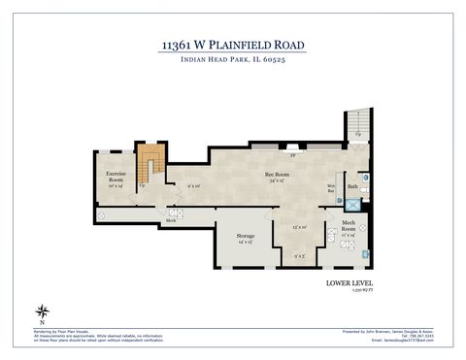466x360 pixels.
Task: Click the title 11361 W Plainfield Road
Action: click(232, 45)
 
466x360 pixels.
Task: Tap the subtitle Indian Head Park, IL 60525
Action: click(232, 61)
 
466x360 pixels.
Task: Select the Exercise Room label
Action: click(116, 178)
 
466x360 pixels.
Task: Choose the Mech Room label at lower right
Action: click(349, 232)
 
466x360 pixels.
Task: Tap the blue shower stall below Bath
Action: click(353, 204)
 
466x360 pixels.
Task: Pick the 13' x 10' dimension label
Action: click(300, 227)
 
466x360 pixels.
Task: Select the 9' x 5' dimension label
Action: click(300, 256)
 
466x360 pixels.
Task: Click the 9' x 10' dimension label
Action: click(194, 184)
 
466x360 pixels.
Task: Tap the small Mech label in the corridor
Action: click(170, 220)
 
